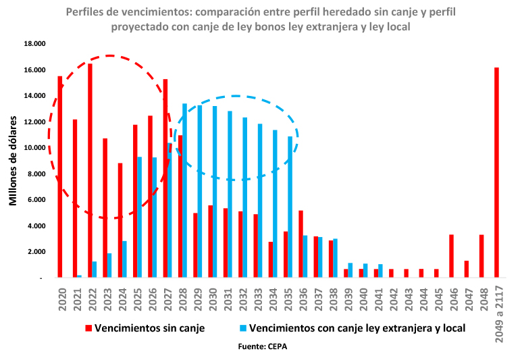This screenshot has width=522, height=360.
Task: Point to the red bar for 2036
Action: (x=301, y=244)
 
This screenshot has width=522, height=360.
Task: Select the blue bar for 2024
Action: (x=124, y=259)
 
